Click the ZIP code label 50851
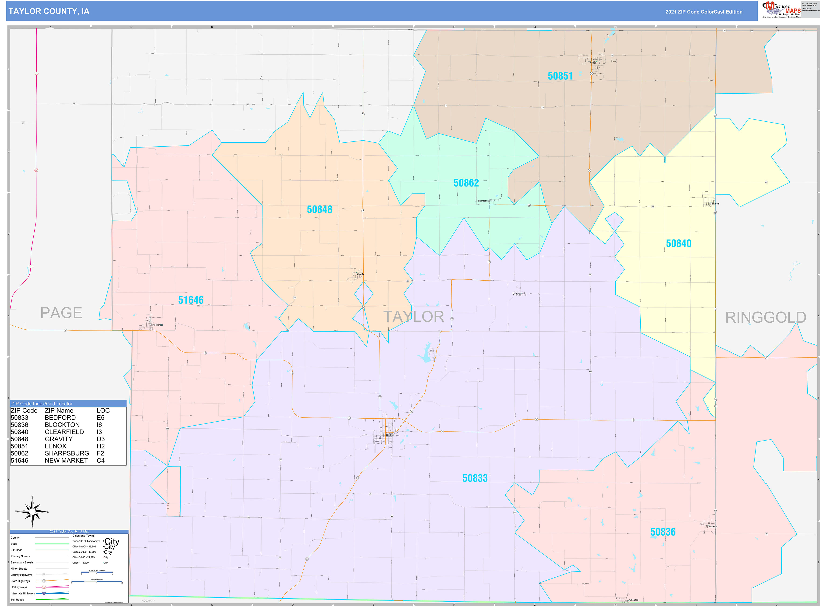tap(560, 76)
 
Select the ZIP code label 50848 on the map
tap(319, 209)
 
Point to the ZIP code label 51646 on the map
tap(191, 300)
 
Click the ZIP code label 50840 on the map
tap(678, 244)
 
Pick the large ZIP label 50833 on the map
tap(475, 478)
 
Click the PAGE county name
tap(61, 313)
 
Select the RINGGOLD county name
tap(765, 318)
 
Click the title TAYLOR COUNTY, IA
tap(49, 11)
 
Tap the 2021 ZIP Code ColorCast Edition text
tap(703, 12)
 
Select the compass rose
tap(32, 512)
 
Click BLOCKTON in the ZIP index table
tap(62, 425)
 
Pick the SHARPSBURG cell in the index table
tap(67, 453)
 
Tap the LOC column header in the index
tap(103, 410)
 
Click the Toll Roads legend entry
tap(17, 600)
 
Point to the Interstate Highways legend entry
tap(23, 593)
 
